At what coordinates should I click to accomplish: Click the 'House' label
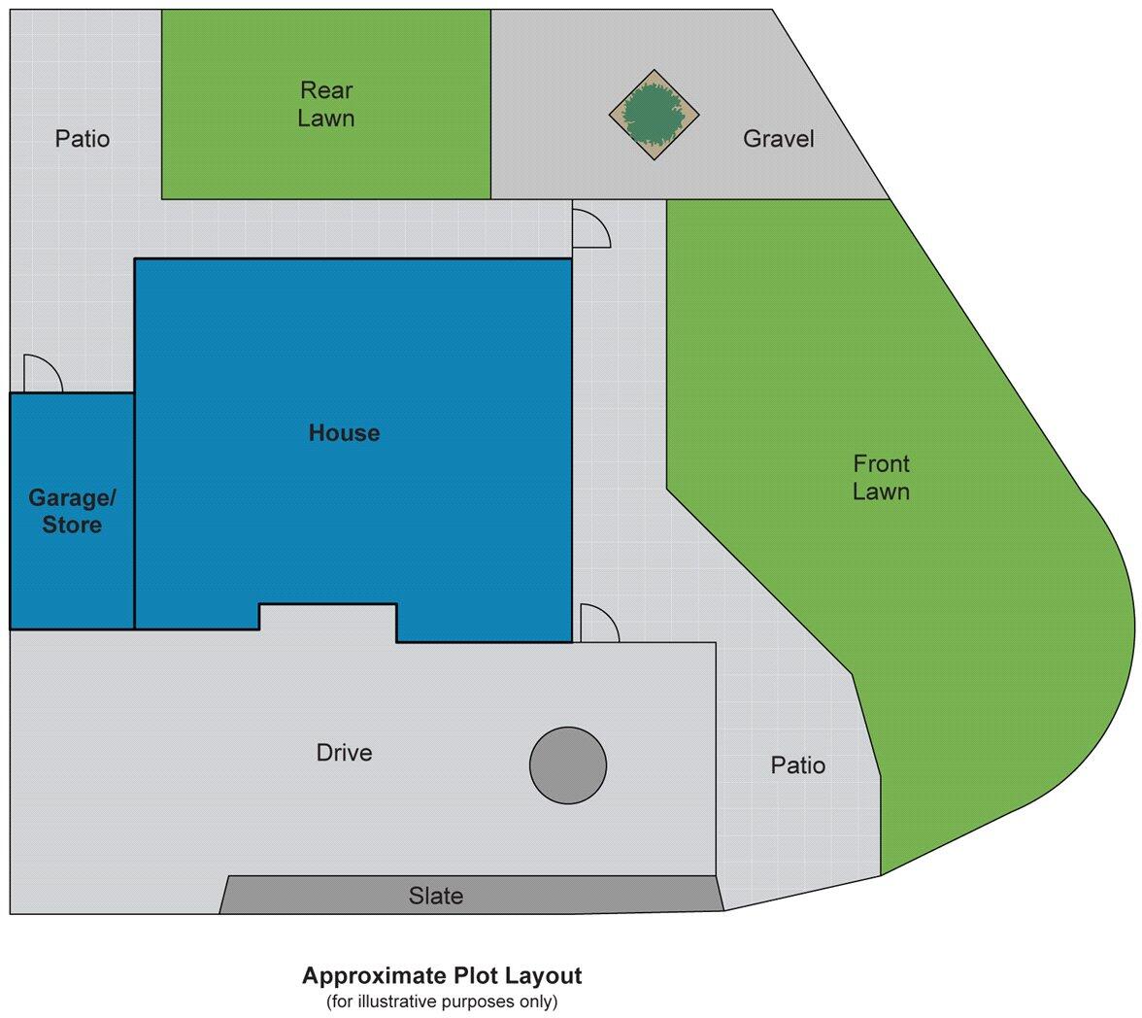point(344,433)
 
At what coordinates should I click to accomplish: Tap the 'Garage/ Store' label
point(72,512)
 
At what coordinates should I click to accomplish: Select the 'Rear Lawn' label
point(326,105)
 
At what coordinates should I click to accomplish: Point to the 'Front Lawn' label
point(881,478)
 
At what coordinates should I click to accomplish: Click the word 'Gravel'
point(778,139)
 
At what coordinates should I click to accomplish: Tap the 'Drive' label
point(344,753)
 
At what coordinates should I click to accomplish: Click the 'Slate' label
point(435,896)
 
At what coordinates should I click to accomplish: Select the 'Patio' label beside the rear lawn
point(83,139)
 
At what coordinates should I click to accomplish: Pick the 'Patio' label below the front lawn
point(797,765)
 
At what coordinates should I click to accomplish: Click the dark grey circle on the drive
point(568,765)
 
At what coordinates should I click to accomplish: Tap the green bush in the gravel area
point(655,115)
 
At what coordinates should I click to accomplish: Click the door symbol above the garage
point(41,375)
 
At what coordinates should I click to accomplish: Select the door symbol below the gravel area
point(589,228)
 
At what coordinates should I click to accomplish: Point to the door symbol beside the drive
point(598,625)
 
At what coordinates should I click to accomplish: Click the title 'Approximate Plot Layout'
point(442,975)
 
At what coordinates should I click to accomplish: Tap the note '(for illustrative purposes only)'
point(442,1001)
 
